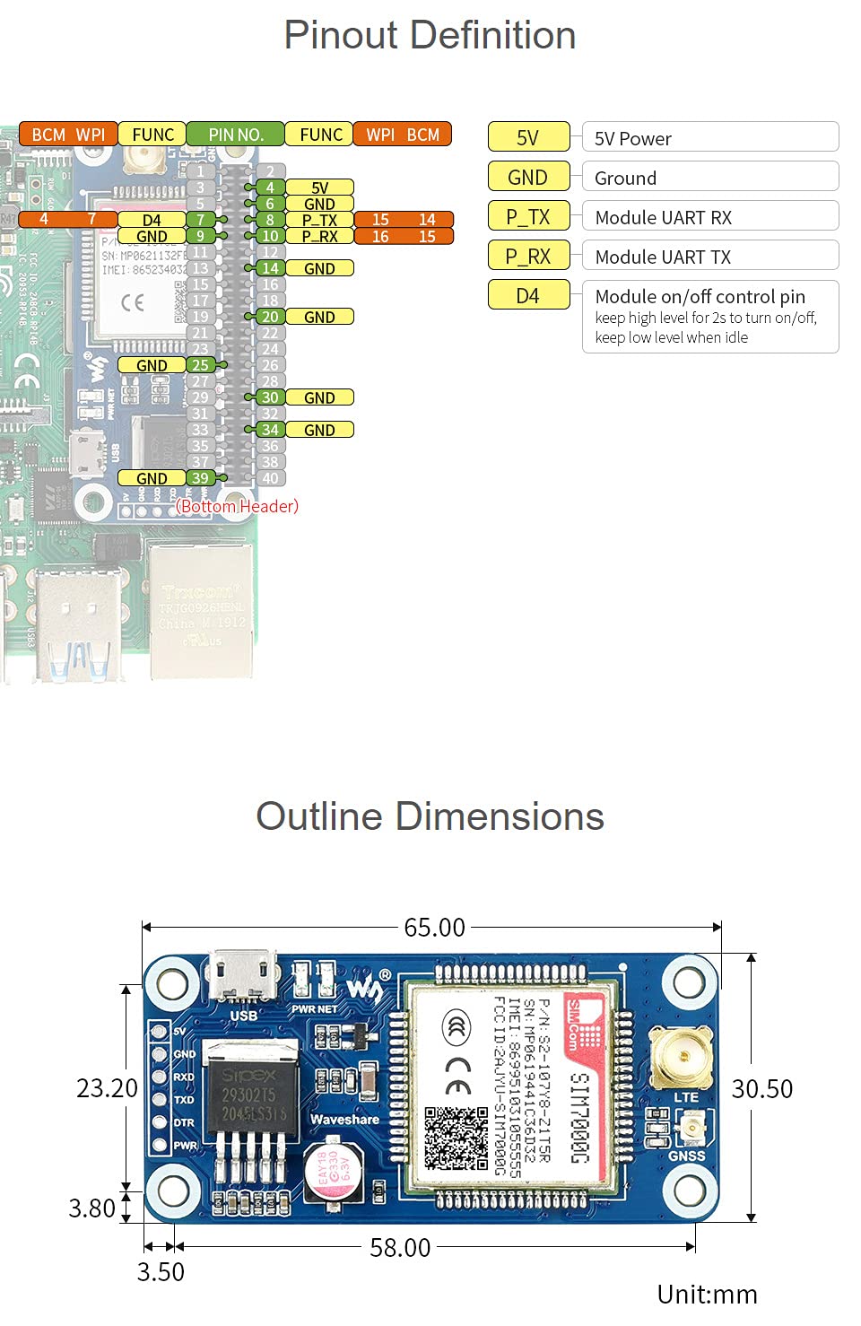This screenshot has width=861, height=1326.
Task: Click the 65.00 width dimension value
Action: click(434, 927)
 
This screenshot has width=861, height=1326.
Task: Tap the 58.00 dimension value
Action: click(400, 1247)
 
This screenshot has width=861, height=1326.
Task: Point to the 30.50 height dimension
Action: click(762, 1088)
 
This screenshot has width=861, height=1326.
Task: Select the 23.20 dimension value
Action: click(107, 1088)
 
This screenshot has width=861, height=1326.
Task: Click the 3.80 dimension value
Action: click(92, 1208)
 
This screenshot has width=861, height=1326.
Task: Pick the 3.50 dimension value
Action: click(161, 1271)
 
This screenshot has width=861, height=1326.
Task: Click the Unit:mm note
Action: click(707, 1294)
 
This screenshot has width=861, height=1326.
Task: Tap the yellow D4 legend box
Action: click(528, 295)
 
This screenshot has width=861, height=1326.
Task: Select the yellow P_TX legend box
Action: click(528, 216)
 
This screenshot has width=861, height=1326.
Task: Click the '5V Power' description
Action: click(633, 138)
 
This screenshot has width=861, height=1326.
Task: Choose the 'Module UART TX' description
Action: click(663, 257)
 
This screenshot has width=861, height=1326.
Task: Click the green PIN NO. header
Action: click(235, 135)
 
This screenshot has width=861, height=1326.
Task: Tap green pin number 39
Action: click(200, 478)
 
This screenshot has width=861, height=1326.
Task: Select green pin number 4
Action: click(269, 188)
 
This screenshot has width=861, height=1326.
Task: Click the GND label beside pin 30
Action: click(319, 397)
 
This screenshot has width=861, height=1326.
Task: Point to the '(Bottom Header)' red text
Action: click(238, 506)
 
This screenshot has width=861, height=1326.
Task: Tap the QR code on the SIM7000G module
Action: click(456, 1138)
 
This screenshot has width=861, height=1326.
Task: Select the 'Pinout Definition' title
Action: click(430, 35)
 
